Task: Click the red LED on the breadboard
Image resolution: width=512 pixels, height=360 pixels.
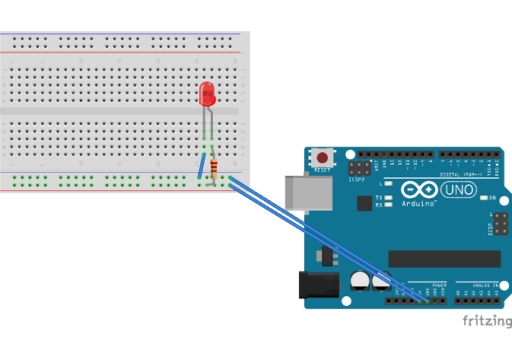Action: (x=206, y=94)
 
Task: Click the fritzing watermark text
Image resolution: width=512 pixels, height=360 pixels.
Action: (x=487, y=321)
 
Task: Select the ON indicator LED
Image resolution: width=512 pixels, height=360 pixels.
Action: (x=484, y=198)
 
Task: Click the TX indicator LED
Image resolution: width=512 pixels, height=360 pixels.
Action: (x=389, y=198)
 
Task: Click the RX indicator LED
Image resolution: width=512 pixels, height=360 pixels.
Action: (x=389, y=205)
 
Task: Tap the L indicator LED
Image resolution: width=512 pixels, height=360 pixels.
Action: (x=389, y=183)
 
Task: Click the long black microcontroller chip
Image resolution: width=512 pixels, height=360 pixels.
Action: (x=444, y=260)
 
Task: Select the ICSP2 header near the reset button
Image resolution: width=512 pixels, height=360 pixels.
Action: (x=359, y=168)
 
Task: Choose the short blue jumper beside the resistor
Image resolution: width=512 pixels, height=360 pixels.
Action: (x=201, y=166)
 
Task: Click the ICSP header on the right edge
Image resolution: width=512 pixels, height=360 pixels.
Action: (x=501, y=225)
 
